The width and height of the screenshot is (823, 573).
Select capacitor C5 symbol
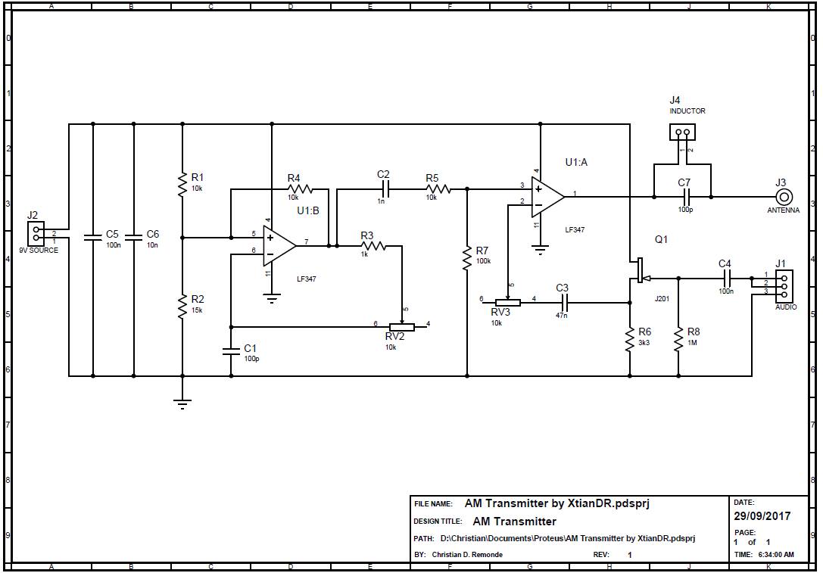(93, 238)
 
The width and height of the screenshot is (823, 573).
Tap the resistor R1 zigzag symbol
(182, 183)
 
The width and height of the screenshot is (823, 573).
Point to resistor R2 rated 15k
(182, 306)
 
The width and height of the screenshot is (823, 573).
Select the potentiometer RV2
(402, 327)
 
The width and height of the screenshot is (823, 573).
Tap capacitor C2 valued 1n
(384, 188)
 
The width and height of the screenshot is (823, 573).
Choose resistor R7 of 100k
(467, 257)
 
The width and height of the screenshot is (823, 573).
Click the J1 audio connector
(783, 285)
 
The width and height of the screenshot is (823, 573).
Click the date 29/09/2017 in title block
(762, 516)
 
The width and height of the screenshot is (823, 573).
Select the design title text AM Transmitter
(514, 522)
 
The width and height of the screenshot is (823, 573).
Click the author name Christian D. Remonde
(466, 555)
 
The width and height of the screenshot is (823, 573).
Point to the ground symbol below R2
(182, 403)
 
